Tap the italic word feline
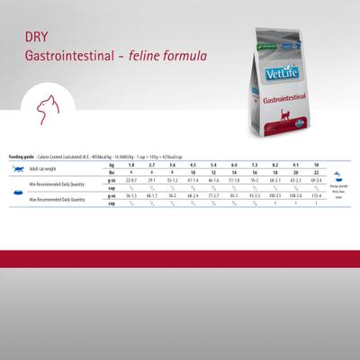pyautogui.click(x=158, y=56)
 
